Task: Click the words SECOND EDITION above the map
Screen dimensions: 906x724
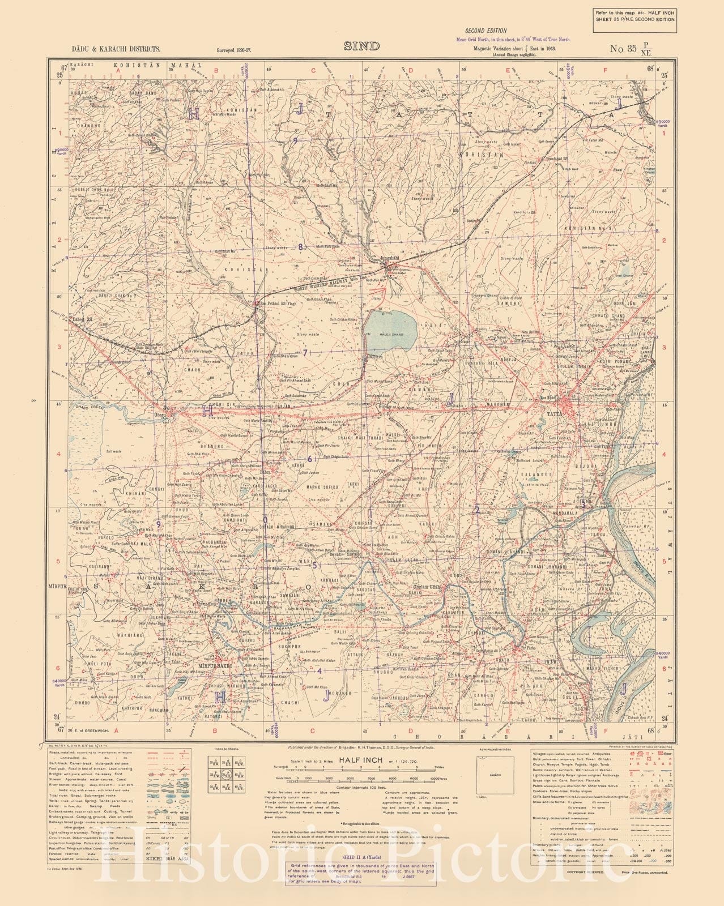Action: [485, 31]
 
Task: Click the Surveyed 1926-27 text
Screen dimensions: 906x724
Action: [233, 50]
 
